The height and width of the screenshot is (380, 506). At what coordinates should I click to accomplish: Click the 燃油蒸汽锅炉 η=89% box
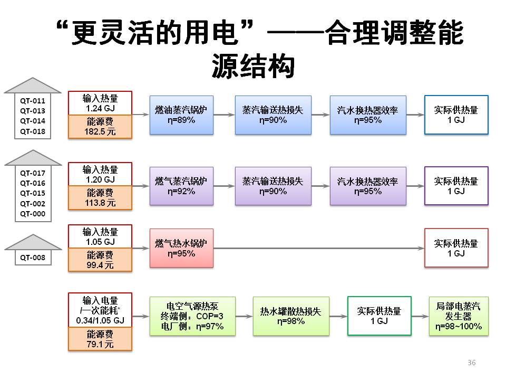181,115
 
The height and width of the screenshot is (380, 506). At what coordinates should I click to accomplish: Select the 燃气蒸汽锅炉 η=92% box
181,186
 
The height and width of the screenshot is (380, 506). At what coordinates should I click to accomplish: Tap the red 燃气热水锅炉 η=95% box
181,248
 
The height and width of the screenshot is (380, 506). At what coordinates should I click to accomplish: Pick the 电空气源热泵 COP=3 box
192,316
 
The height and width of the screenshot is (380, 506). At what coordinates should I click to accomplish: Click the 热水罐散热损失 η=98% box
291,316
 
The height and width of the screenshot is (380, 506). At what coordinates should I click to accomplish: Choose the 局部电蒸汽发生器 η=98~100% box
459,316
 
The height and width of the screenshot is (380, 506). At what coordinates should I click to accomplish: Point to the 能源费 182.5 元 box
100,127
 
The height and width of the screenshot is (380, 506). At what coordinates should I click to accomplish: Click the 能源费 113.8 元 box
100,198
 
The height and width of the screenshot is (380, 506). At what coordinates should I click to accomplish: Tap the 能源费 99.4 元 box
100,260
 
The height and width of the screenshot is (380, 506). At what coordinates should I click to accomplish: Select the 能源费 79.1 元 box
100,339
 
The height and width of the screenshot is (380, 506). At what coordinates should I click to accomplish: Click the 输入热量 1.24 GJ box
100,103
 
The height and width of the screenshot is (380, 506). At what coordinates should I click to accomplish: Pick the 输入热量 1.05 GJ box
100,236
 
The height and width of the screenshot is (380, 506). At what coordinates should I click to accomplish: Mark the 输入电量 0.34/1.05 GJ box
100,310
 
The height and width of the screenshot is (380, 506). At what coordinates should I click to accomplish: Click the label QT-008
33,258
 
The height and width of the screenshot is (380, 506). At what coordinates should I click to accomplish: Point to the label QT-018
33,131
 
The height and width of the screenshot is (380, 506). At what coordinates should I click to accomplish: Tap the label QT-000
33,214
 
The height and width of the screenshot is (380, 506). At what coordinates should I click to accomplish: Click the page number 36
471,363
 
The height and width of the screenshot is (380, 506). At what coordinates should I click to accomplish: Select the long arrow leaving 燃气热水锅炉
319,248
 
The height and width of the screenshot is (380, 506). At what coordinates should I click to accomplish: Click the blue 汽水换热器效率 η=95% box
368,115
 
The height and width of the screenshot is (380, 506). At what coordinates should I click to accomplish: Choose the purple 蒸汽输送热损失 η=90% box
273,186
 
